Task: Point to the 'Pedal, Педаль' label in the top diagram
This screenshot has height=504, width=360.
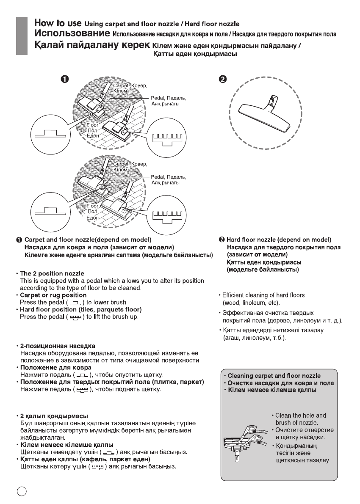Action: (x=169, y=98)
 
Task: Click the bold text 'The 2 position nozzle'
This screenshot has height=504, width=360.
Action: (x=52, y=273)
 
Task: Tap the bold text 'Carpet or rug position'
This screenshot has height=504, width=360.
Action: (x=53, y=295)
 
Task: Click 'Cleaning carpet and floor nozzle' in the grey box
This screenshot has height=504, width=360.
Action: (x=274, y=376)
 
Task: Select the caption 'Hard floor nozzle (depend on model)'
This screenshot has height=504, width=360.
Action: (x=279, y=240)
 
